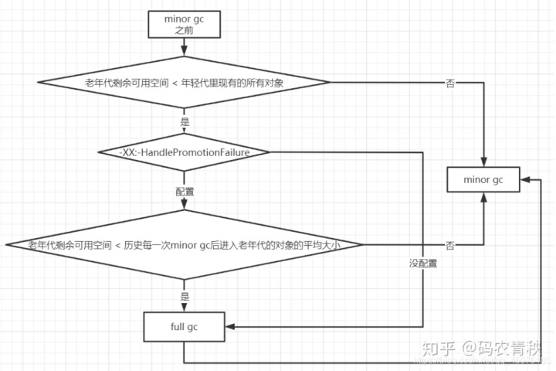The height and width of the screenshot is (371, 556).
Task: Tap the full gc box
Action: [184, 326]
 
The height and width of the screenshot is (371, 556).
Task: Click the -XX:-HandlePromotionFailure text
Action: [184, 152]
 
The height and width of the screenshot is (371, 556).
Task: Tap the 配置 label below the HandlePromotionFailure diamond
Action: [184, 190]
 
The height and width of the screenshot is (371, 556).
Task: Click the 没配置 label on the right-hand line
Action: [423, 264]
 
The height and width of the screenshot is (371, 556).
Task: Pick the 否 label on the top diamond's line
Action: [450, 83]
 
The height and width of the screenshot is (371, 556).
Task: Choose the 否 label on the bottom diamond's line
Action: [450, 245]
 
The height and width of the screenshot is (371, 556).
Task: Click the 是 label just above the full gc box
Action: [184, 296]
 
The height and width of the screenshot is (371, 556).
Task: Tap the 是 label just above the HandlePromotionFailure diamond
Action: [184, 122]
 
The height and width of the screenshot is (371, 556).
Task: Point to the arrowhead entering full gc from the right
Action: [229, 326]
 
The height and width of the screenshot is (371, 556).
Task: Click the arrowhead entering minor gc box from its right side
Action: [522, 179]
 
